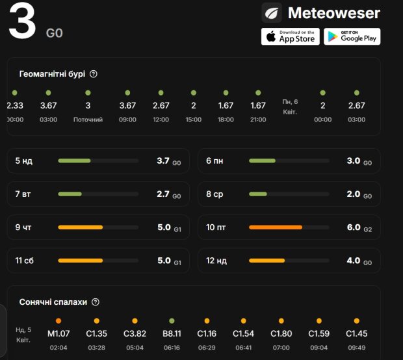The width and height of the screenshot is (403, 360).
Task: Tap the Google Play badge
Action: pyautogui.click(x=352, y=36)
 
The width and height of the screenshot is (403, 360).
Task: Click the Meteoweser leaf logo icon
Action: pyautogui.click(x=272, y=12)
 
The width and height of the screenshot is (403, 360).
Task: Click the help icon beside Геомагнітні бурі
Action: pyautogui.click(x=94, y=74)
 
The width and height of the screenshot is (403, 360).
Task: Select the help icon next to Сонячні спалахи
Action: pyautogui.click(x=96, y=302)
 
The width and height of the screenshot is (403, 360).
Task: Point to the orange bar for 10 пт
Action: pyautogui.click(x=276, y=227)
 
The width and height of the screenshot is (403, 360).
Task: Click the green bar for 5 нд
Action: pyautogui.click(x=74, y=161)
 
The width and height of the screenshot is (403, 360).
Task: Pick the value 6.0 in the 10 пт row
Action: pyautogui.click(x=354, y=227)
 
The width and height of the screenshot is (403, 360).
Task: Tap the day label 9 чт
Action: pyautogui.click(x=23, y=227)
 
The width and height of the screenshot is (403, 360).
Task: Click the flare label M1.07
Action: pyautogui.click(x=58, y=334)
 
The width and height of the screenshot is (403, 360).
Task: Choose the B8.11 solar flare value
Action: pyautogui.click(x=172, y=334)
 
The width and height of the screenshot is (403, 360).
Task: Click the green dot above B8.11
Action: pyautogui.click(x=172, y=321)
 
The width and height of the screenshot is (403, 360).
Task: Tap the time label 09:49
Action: pyautogui.click(x=357, y=348)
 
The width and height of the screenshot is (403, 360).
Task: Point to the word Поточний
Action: pyautogui.click(x=88, y=120)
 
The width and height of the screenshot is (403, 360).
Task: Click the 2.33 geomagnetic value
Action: pyautogui.click(x=15, y=106)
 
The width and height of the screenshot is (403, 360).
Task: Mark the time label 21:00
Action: pyautogui.click(x=258, y=120)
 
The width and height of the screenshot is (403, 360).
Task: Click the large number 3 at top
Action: pyautogui.click(x=22, y=23)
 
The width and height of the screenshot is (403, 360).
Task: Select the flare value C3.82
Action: pyautogui.click(x=135, y=334)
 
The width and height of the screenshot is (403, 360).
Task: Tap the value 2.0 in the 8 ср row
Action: pyautogui.click(x=354, y=194)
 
